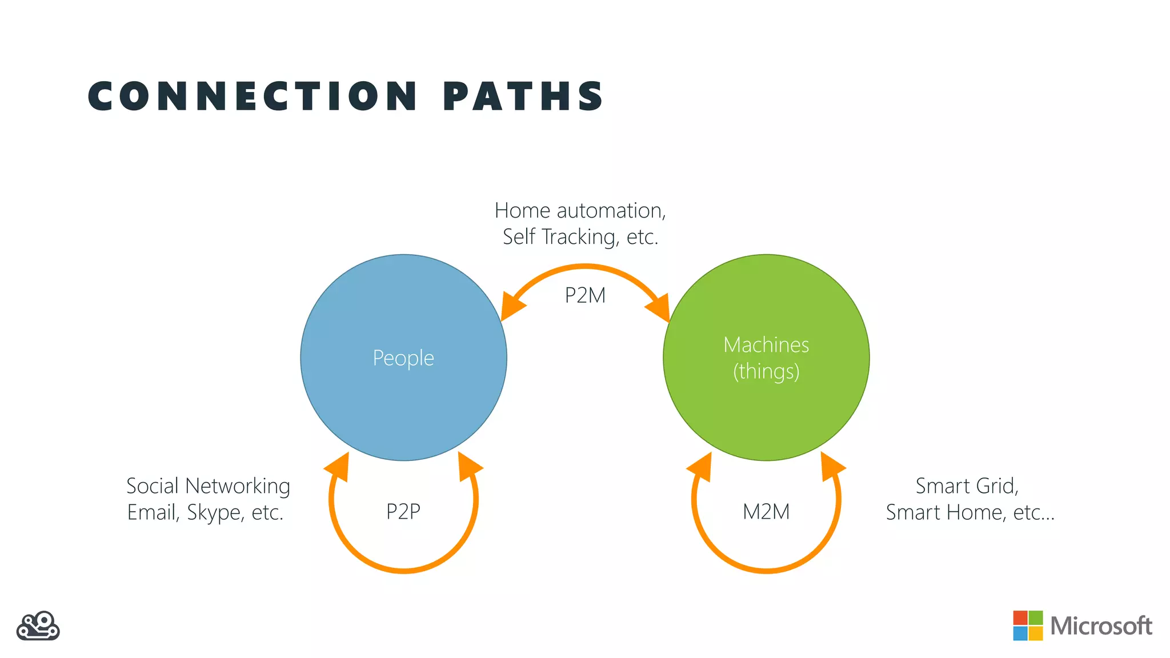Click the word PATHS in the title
(x=523, y=96)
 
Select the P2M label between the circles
(x=585, y=295)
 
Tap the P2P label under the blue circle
(x=403, y=511)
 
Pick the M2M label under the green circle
(x=766, y=511)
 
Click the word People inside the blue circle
(x=403, y=358)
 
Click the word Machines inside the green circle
(x=766, y=345)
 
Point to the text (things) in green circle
(x=766, y=371)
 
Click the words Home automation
(x=579, y=211)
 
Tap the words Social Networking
(x=208, y=486)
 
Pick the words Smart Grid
(x=967, y=486)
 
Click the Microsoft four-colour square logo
(x=1027, y=625)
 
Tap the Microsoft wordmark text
(x=1101, y=626)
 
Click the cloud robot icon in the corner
(x=38, y=626)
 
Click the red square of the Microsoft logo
(x=1020, y=618)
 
